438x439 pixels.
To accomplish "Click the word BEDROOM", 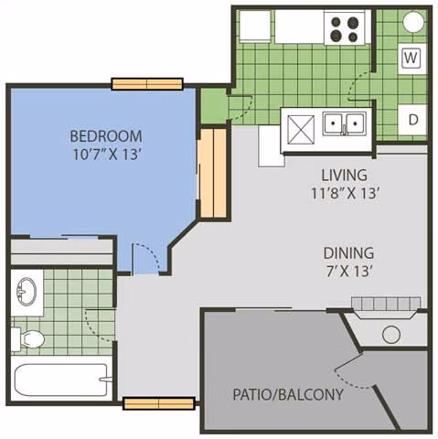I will pyautogui.click(x=106, y=136).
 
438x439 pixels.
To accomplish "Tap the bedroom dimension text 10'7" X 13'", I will pyautogui.click(x=106, y=155).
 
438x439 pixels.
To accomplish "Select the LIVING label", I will pyautogui.click(x=344, y=175).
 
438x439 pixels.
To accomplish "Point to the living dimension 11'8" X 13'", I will pyautogui.click(x=344, y=193).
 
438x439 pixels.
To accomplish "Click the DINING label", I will pyautogui.click(x=348, y=252).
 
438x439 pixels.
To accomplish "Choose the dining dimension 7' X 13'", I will pyautogui.click(x=348, y=271).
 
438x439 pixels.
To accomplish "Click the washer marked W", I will pyautogui.click(x=411, y=59).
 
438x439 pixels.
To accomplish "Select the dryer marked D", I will pyautogui.click(x=412, y=119).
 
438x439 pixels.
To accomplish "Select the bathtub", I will pyautogui.click(x=61, y=380).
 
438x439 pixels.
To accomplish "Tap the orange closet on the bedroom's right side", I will pyautogui.click(x=212, y=173).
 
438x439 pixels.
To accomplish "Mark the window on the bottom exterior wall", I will pyautogui.click(x=158, y=402).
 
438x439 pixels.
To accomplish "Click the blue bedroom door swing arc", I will pyautogui.click(x=146, y=256).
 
